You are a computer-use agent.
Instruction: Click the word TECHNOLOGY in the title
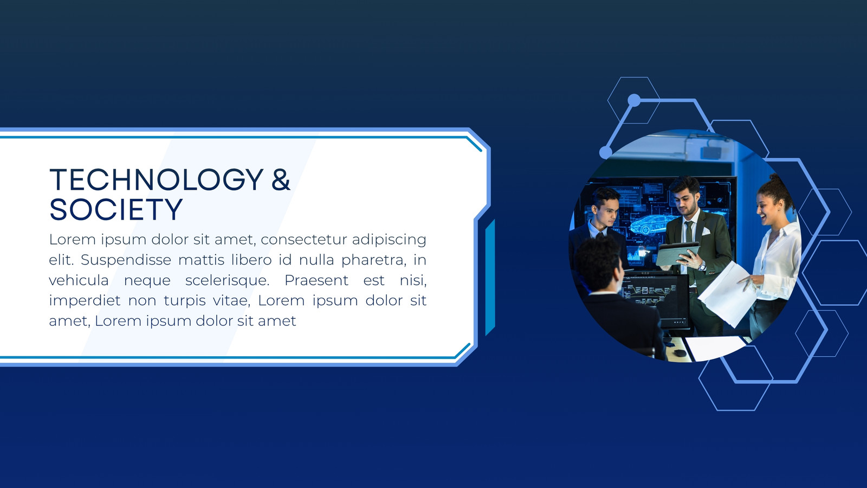[x=157, y=179]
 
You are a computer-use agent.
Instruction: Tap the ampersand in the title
[x=281, y=179]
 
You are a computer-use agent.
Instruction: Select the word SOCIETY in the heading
[x=116, y=209]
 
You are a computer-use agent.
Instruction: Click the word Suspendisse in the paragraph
[x=126, y=260]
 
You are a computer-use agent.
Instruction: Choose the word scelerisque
[x=227, y=280]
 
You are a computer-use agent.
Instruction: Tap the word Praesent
[x=316, y=280]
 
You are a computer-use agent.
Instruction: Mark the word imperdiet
[x=85, y=301]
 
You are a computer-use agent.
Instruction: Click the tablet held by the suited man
[x=677, y=254]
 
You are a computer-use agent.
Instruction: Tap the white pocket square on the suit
[x=706, y=231]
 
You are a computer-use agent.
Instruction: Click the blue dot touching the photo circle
[x=606, y=152]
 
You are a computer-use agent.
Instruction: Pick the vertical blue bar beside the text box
[x=490, y=277]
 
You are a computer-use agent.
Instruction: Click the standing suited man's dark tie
[x=689, y=248]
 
